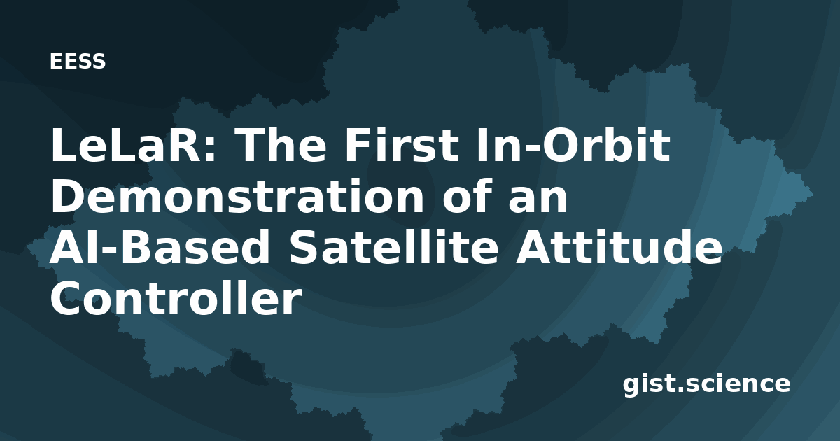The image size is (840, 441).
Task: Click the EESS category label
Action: pos(78,62)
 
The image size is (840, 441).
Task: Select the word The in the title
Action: pos(281,144)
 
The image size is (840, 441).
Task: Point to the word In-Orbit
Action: pos(573,144)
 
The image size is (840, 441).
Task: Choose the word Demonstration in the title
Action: pos(237,196)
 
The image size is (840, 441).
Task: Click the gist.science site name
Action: pos(706,384)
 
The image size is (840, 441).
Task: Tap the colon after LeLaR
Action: pos(211,150)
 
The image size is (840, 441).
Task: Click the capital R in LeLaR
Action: pos(185,145)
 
